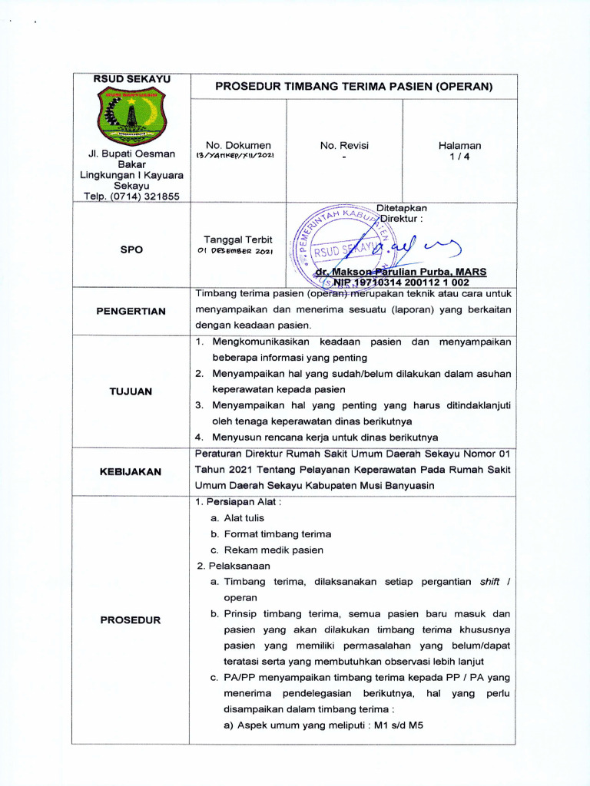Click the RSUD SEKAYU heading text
131,79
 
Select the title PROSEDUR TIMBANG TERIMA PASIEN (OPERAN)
353,87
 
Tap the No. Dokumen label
238,144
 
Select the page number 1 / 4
459,157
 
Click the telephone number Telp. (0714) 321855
131,196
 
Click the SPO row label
131,249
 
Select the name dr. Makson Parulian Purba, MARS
400,272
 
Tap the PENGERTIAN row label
131,311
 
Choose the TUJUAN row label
131,391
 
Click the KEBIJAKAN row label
131,471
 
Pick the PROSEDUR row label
131,620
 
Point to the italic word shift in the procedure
489,582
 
